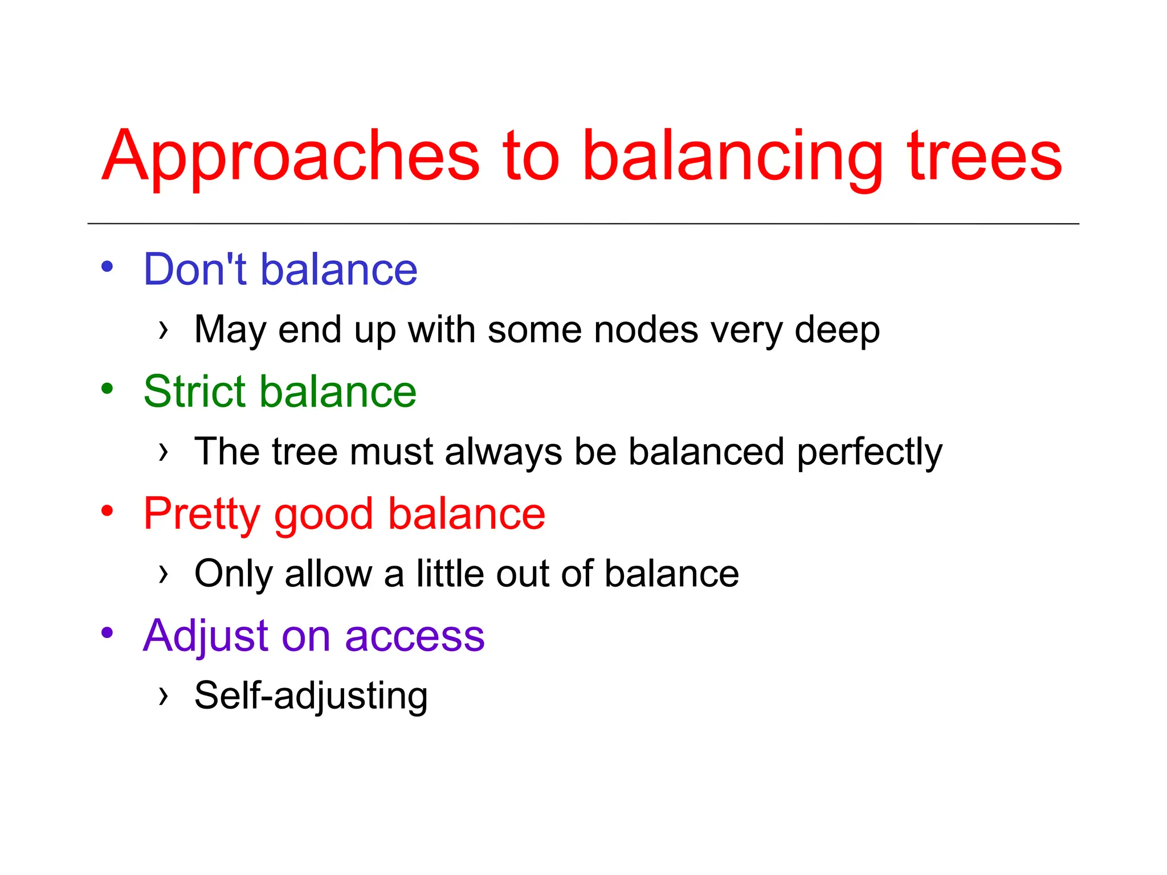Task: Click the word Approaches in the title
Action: [x=291, y=157]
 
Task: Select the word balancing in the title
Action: [x=732, y=157]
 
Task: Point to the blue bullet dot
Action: [x=107, y=266]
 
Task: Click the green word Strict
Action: [x=196, y=391]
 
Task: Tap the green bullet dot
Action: [x=107, y=389]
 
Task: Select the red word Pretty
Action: [x=202, y=514]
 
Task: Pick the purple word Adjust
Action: [x=205, y=636]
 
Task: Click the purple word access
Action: [x=414, y=636]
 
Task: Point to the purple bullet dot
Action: [x=107, y=632]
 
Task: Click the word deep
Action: [x=837, y=330]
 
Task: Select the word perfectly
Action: [x=870, y=452]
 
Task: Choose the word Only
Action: [x=234, y=574]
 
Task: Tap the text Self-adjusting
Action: [x=311, y=696]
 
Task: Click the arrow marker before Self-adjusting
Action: [x=164, y=696]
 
